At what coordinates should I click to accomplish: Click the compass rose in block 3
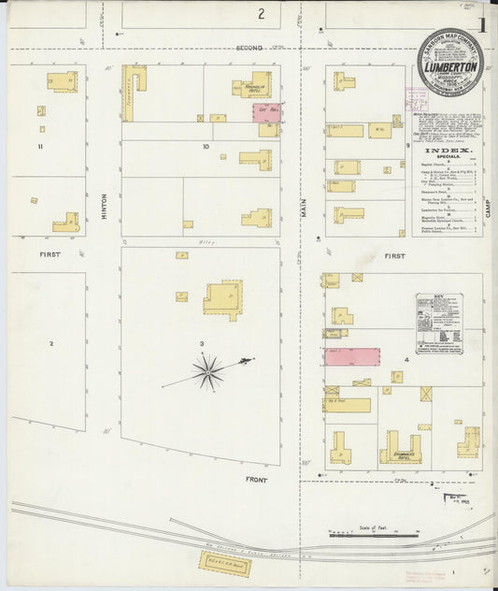pos(207,372)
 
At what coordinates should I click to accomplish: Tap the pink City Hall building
pos(265,113)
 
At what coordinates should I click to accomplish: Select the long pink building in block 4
pos(351,356)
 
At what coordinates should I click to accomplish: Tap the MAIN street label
pos(303,210)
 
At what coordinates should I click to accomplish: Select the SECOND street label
pos(249,46)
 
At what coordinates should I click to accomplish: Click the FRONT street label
pos(256,480)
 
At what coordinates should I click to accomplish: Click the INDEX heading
pos(448,151)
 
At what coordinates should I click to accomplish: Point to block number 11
pos(40,147)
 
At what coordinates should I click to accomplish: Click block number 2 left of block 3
pos(51,343)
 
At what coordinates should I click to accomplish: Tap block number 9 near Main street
pos(408,146)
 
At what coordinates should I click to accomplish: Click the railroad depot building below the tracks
pos(223,563)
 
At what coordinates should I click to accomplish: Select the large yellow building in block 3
pos(223,299)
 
